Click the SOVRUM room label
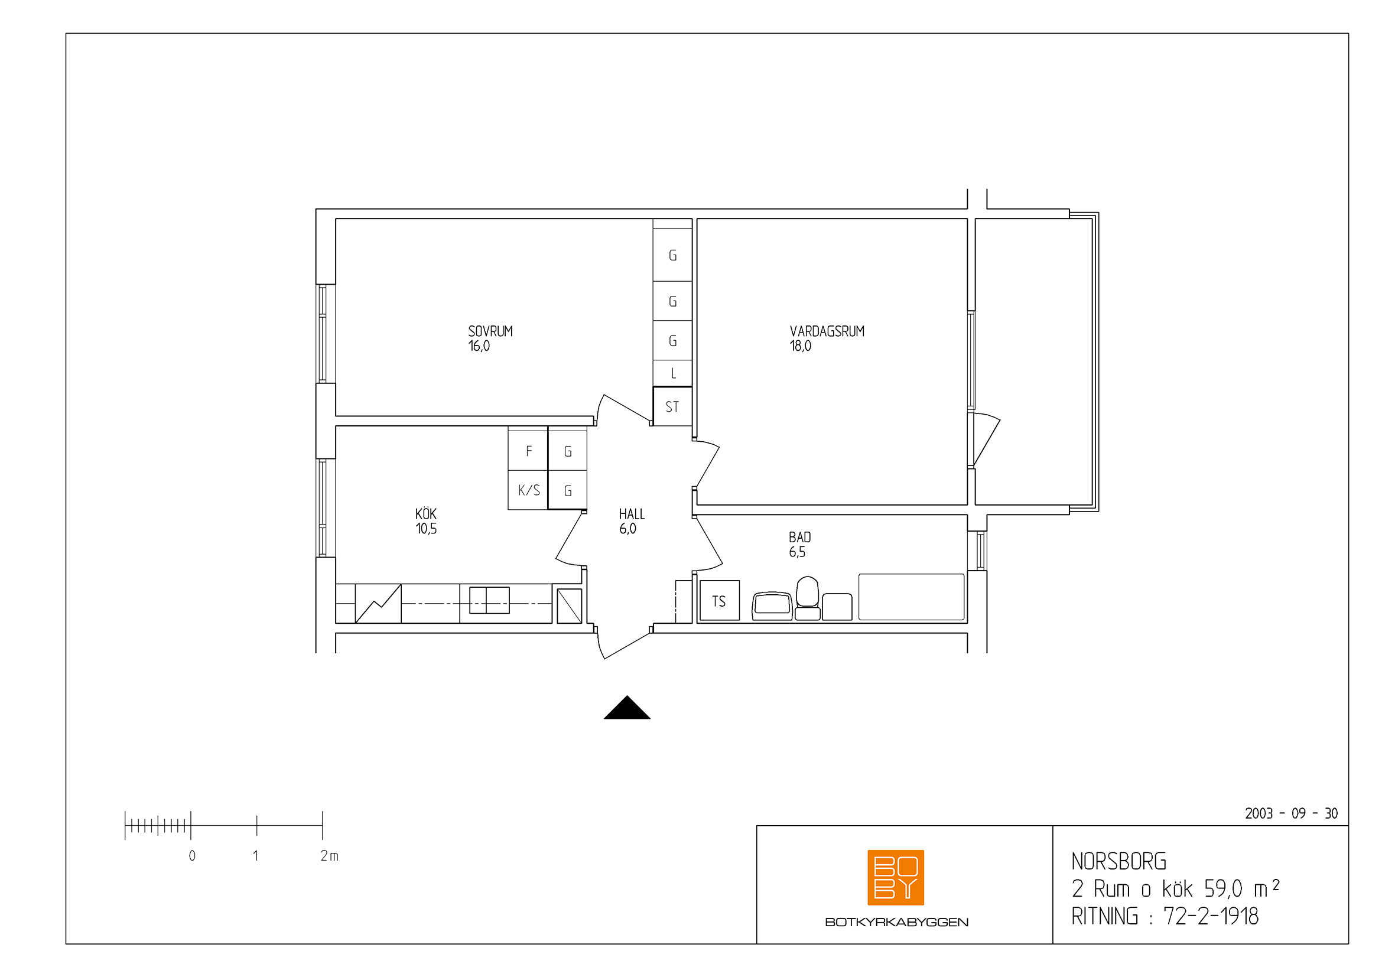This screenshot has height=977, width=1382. coord(490,331)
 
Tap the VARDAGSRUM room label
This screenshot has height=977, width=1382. coord(827,331)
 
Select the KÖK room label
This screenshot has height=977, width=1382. coord(425,514)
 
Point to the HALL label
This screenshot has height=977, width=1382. coord(632,514)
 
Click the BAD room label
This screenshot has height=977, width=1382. coord(800,537)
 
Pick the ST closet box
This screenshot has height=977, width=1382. coord(672,406)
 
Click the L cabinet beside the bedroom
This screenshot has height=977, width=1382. coord(672,373)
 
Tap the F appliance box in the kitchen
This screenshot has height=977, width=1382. coord(528,450)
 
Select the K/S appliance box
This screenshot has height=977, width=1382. coord(528,490)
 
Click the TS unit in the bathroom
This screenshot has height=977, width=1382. coord(719,600)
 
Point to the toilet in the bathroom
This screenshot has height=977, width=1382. coord(807,598)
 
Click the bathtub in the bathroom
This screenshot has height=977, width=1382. coord(911,597)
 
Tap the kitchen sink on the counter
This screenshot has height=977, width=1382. coord(489,600)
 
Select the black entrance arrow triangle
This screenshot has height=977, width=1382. coord(627,708)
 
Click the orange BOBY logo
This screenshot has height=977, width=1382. coord(896,878)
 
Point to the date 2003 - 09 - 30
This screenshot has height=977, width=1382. coord(1291,813)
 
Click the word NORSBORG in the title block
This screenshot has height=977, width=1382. coord(1119,861)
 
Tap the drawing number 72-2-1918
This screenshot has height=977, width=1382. coord(1211,916)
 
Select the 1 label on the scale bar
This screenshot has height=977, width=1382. coord(256,855)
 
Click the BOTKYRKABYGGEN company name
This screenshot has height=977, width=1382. coord(897,922)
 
